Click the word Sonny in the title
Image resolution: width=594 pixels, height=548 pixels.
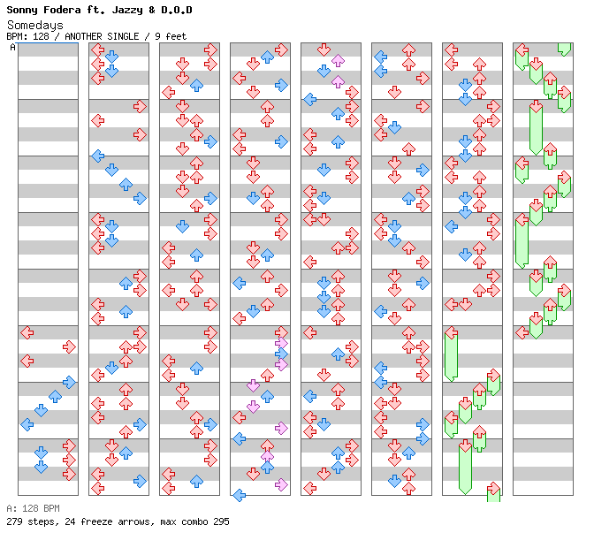pos(24,10)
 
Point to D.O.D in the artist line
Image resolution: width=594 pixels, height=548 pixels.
pos(175,10)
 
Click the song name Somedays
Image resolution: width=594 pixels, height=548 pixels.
pos(34,25)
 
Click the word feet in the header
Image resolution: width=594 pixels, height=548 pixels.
pos(174,36)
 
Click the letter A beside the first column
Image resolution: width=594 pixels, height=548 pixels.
pos(12,47)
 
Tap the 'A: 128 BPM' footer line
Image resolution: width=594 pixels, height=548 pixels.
pos(33,508)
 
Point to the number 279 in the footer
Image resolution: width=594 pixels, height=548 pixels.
pos(15,521)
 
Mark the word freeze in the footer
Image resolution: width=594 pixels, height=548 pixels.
pos(98,521)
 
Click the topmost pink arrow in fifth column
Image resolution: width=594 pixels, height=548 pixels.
pos(338,61)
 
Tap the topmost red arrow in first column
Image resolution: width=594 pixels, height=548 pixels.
pos(27,332)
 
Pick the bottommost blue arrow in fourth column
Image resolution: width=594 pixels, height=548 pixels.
pos(239,495)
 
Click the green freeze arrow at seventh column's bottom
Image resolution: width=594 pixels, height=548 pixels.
pos(493,491)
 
